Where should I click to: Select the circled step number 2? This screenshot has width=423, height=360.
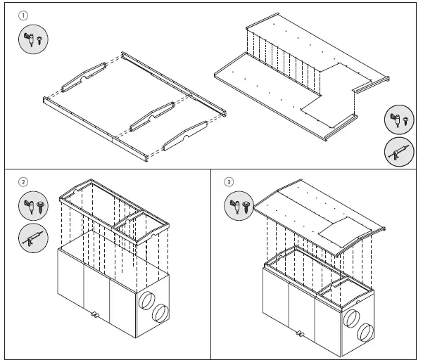23,182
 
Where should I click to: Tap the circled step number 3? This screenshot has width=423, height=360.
229,181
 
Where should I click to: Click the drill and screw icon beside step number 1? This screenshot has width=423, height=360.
30,39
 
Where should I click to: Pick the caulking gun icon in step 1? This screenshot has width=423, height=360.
398,152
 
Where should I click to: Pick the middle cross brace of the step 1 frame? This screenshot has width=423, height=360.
151,114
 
